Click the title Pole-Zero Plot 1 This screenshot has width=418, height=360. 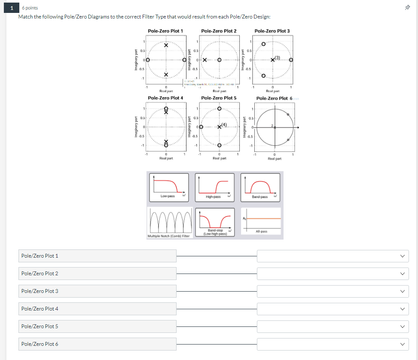point(165,31)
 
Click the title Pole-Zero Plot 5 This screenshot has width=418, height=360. point(219,98)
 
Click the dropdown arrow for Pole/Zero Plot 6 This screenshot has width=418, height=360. point(402,344)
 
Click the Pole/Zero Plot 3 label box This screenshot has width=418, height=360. point(98,291)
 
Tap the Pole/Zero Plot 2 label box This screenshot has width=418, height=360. point(98,274)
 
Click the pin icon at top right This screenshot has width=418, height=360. point(407,8)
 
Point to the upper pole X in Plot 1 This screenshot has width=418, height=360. point(166,46)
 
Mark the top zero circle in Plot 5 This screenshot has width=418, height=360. point(219,109)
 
